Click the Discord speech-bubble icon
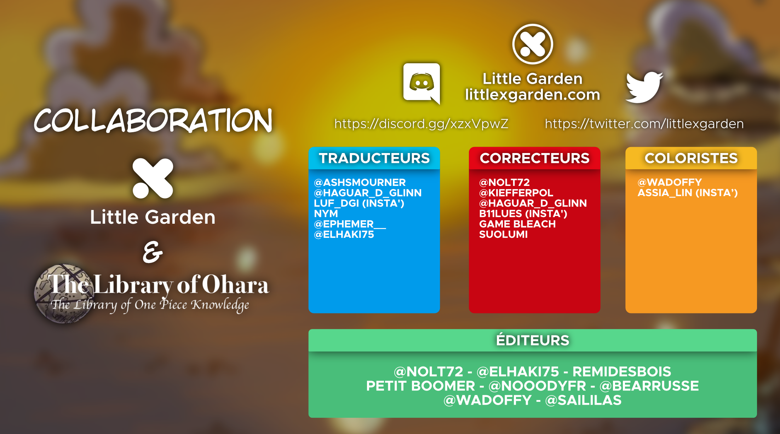(421, 83)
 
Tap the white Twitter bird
(644, 87)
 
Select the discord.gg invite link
(421, 124)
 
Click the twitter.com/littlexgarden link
(644, 124)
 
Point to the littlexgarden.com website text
(533, 95)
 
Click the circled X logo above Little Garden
(533, 44)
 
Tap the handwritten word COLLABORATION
(153, 121)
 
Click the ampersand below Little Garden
(153, 252)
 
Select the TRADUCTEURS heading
(374, 158)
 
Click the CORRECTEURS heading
(534, 158)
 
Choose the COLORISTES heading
(691, 158)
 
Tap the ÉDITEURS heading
(533, 340)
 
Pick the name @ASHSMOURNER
(360, 182)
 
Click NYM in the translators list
(326, 213)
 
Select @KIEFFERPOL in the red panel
(516, 193)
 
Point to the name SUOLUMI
(503, 234)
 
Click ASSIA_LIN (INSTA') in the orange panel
(687, 193)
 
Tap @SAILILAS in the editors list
(583, 400)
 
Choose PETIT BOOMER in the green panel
(420, 386)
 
